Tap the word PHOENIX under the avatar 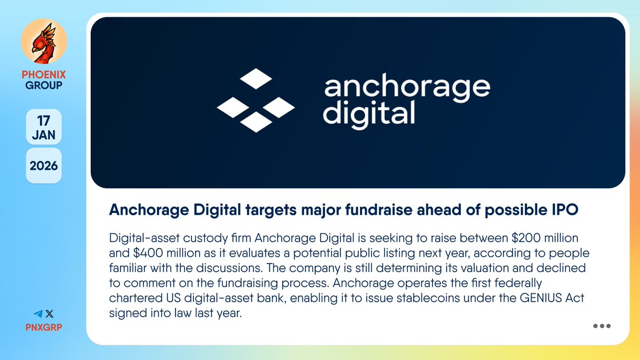tap(44, 75)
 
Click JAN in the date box tap(44, 134)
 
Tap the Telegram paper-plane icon tap(37, 314)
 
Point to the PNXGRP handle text tap(44, 326)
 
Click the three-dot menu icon tap(602, 326)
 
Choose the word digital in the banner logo tap(369, 113)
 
